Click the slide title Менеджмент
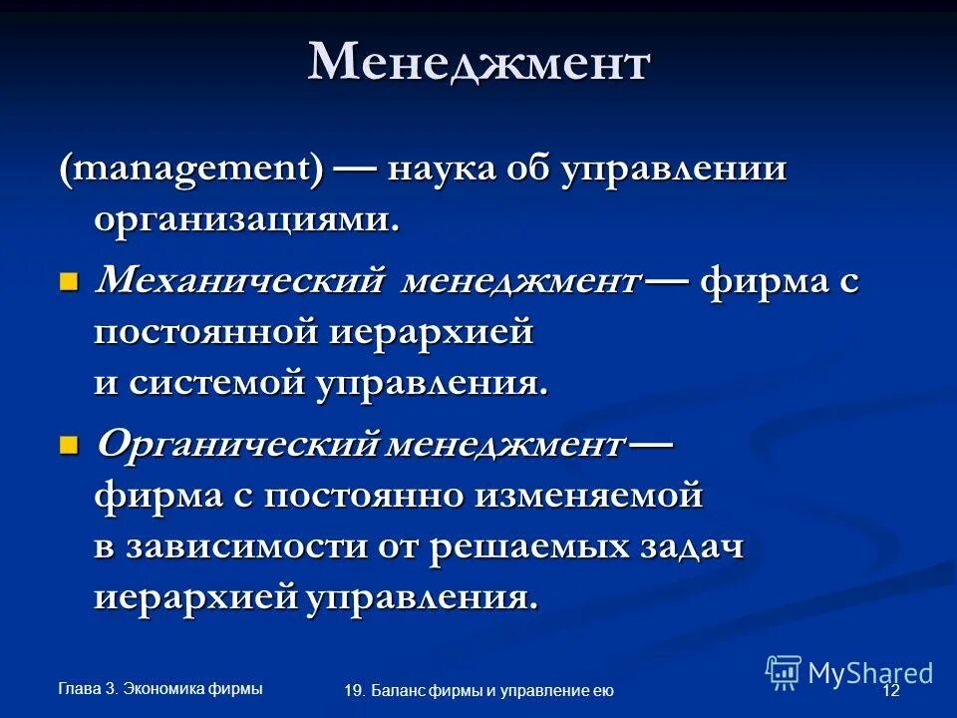click(478, 63)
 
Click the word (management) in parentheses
click(189, 170)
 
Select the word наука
click(435, 169)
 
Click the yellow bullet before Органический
click(68, 443)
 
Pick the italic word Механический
click(240, 281)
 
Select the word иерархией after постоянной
click(432, 333)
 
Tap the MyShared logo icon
click(784, 671)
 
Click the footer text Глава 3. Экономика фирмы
click(160, 688)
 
